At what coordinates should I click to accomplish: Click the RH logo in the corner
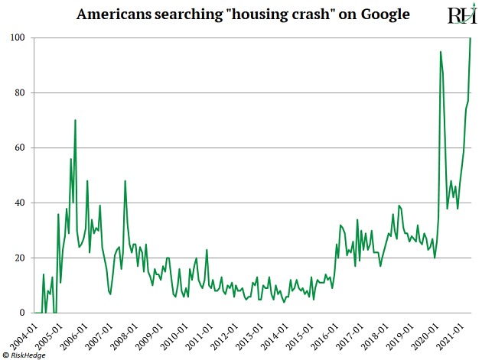click(x=461, y=15)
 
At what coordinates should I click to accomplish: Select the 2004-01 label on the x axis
click(x=25, y=334)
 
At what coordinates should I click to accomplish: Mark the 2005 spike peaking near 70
click(x=75, y=120)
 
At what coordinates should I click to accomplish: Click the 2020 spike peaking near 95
click(x=441, y=52)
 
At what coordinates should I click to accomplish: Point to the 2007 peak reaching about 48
click(x=125, y=181)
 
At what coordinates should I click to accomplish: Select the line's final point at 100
click(x=470, y=38)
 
